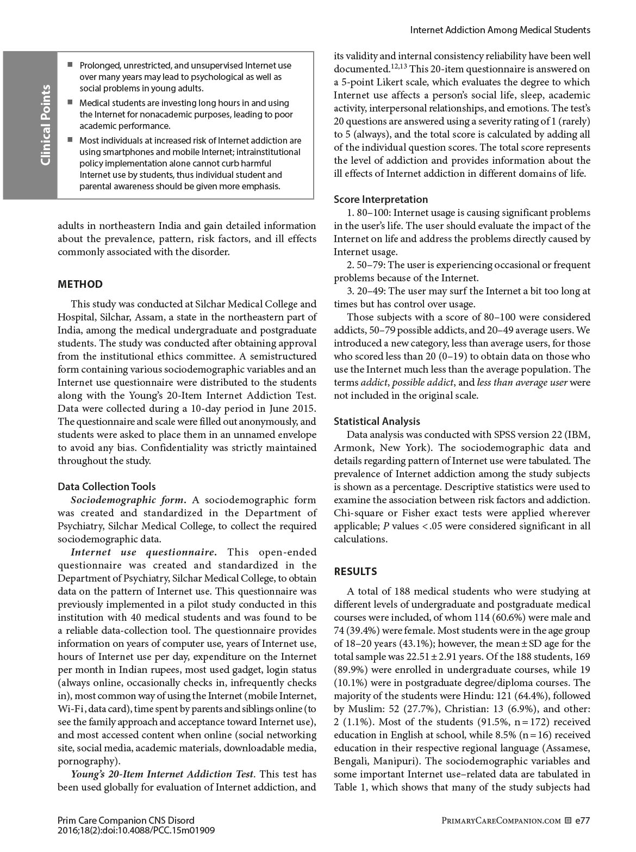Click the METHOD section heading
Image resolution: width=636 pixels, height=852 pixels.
pyautogui.click(x=80, y=284)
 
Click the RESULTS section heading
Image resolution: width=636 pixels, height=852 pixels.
pyautogui.click(x=355, y=571)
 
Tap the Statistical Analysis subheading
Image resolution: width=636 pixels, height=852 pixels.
pyautogui.click(x=377, y=421)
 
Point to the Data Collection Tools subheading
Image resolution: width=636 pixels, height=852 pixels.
pyautogui.click(x=107, y=486)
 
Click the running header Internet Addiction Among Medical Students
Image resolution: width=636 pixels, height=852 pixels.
pyautogui.click(x=500, y=30)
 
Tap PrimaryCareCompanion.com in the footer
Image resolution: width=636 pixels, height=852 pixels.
pyautogui.click(x=502, y=820)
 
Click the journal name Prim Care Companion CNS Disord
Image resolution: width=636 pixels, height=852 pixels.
pyautogui.click(x=126, y=820)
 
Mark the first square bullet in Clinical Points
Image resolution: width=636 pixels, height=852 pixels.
pyautogui.click(x=70, y=65)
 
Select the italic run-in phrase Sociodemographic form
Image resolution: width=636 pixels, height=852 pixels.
pyautogui.click(x=128, y=499)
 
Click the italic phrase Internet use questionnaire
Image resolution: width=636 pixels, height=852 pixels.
pyautogui.click(x=144, y=552)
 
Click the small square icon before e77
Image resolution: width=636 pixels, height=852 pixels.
pyautogui.click(x=568, y=820)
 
